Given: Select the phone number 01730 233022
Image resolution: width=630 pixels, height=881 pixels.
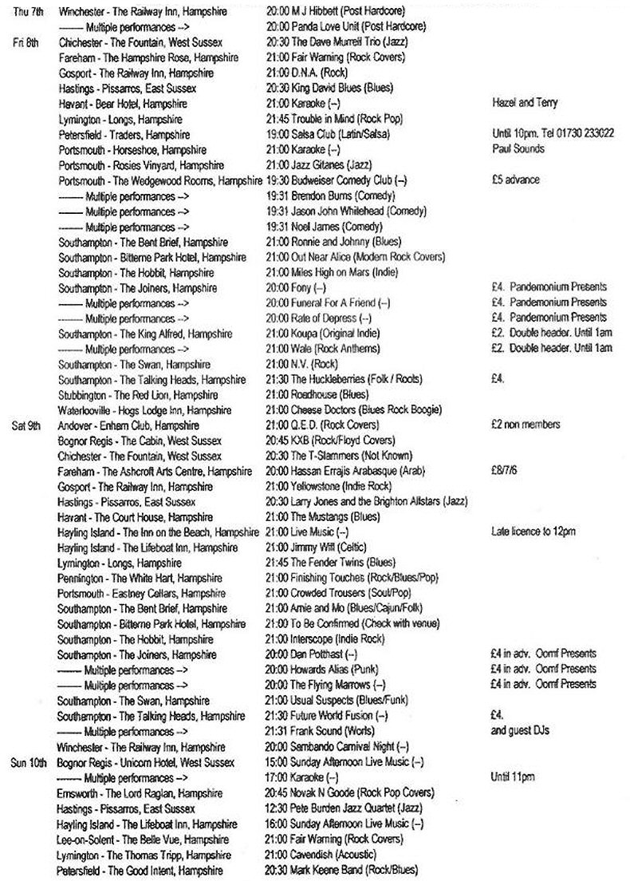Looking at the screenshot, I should click(x=585, y=134).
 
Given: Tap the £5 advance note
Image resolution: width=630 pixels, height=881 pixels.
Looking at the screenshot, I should click(x=516, y=180).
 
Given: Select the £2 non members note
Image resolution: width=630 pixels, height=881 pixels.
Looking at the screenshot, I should click(x=526, y=425).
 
